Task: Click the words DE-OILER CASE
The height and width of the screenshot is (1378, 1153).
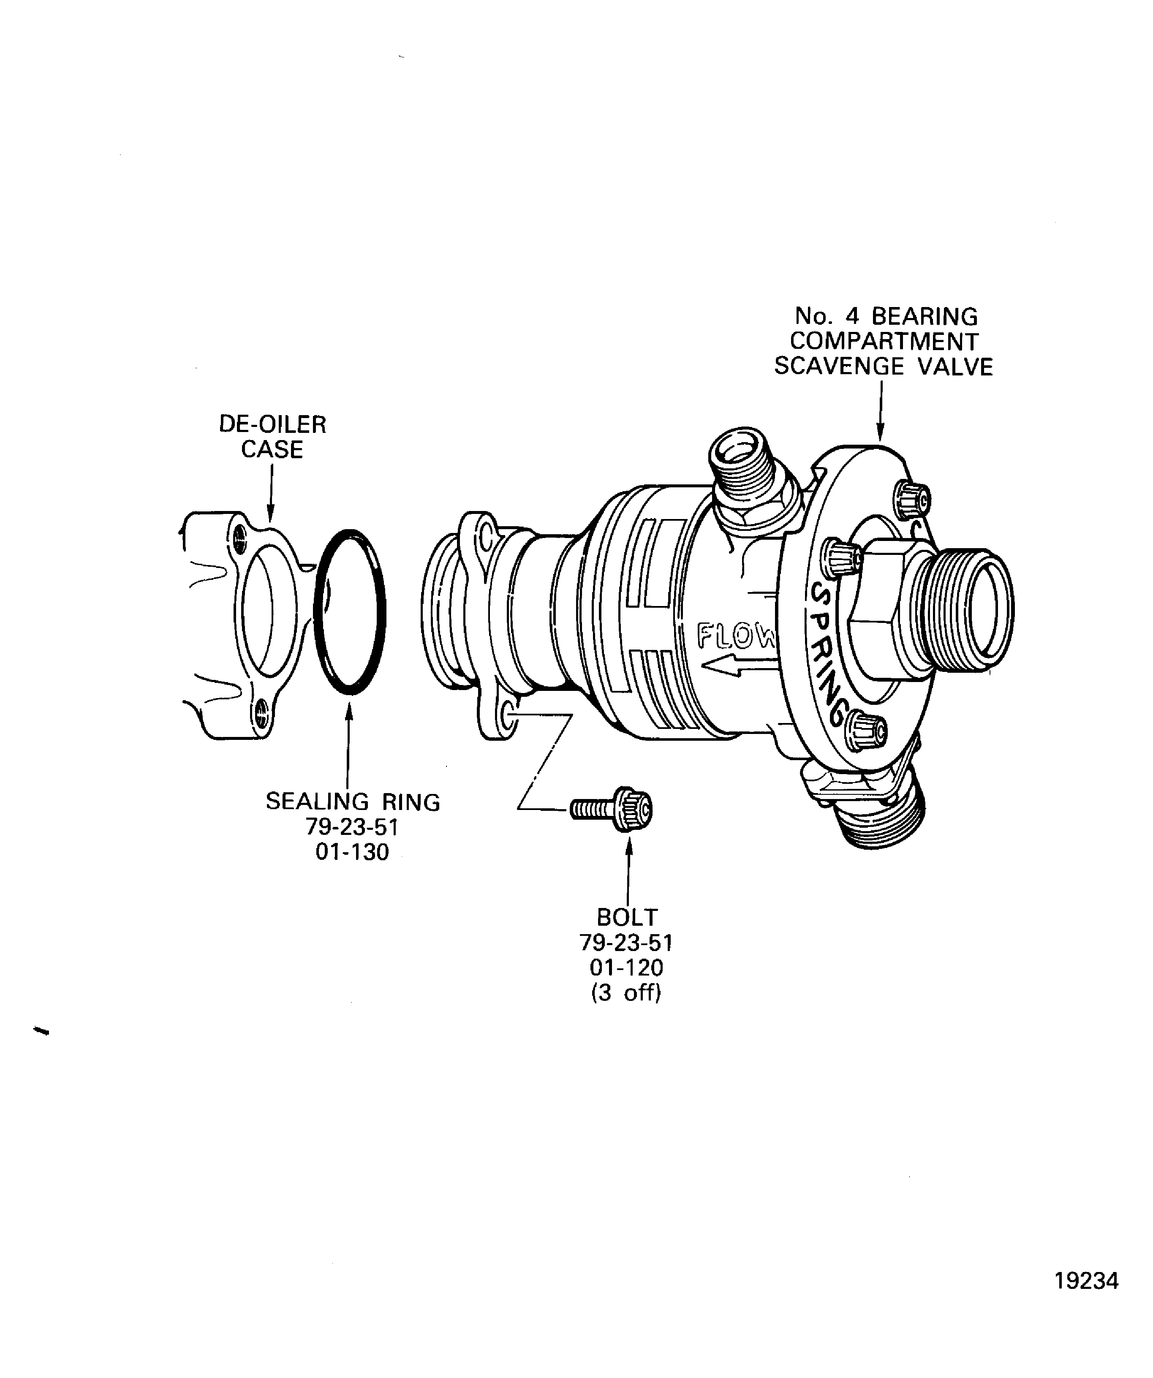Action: [272, 437]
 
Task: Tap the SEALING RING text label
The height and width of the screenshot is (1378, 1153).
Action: [352, 802]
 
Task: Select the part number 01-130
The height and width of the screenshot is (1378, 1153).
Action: [352, 852]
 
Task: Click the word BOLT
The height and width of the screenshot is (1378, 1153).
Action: [627, 917]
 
